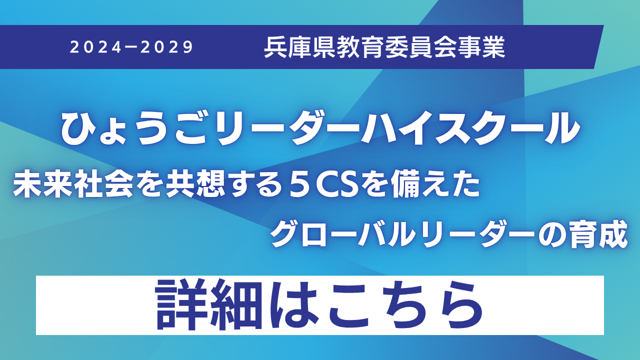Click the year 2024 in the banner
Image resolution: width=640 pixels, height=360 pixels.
click(95, 47)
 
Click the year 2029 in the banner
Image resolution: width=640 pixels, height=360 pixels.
click(167, 47)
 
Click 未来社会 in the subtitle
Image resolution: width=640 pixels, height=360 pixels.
click(73, 186)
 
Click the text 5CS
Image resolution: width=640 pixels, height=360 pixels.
click(323, 186)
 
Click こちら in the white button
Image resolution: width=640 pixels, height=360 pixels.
click(404, 305)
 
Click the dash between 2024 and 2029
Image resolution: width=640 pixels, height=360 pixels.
click(131, 47)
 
